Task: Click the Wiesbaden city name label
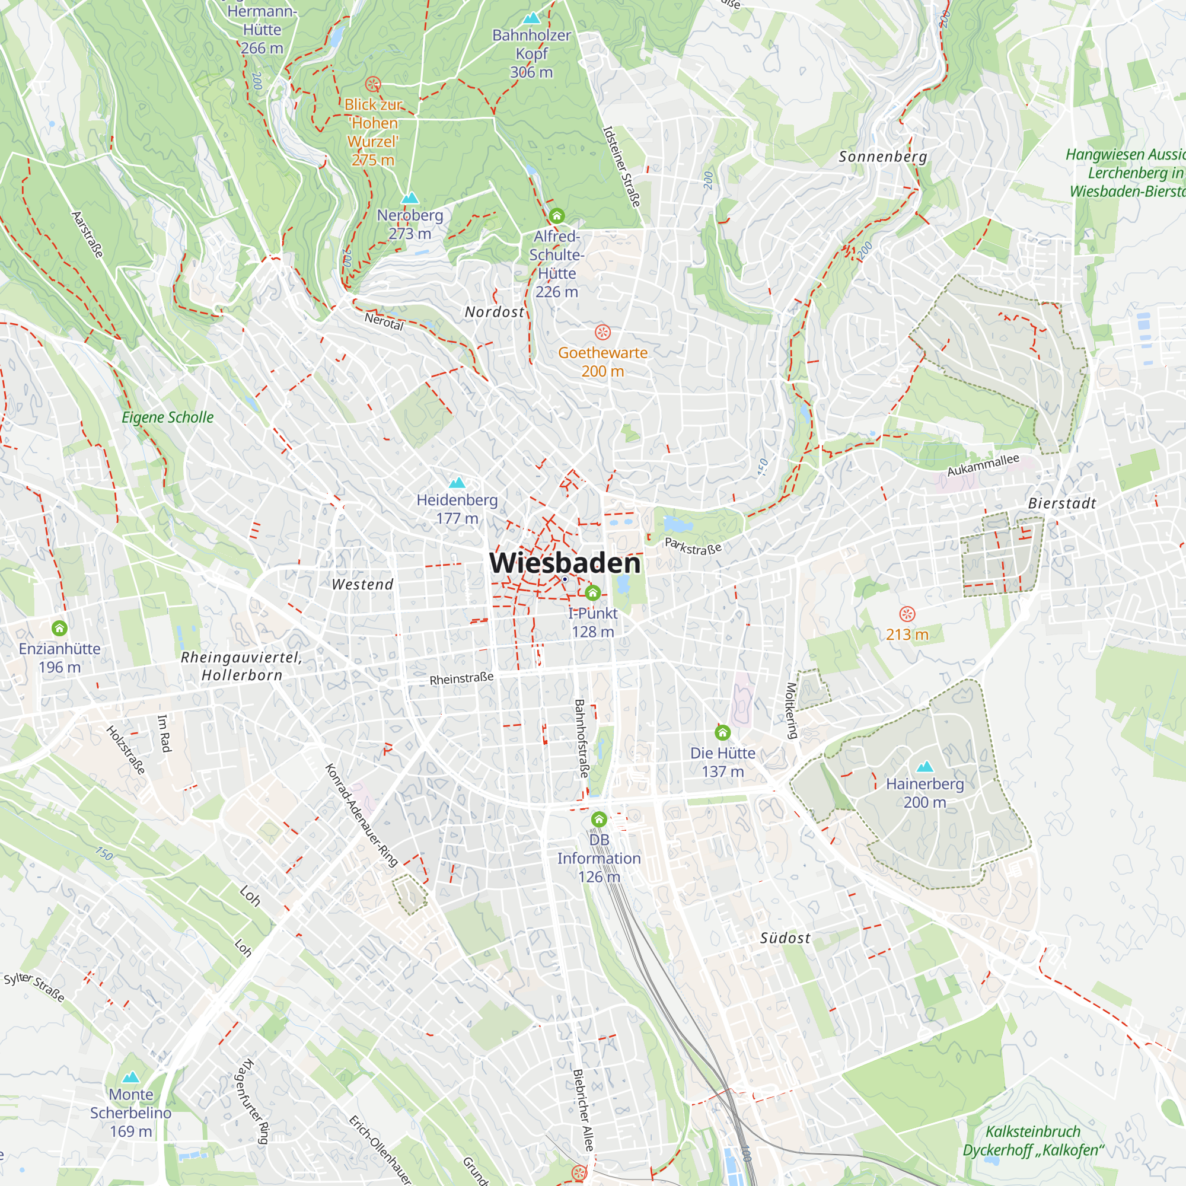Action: tap(565, 563)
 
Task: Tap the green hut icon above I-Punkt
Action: tap(592, 593)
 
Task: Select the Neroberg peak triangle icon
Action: tap(409, 198)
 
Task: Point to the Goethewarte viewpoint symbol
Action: tap(603, 333)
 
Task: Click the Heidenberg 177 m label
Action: tap(457, 509)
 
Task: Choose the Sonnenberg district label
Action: tap(883, 157)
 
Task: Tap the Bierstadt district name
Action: tap(1062, 504)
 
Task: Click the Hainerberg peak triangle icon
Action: tap(924, 767)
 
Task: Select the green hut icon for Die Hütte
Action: tap(722, 732)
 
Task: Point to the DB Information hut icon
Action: tap(599, 820)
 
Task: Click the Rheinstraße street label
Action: tap(461, 679)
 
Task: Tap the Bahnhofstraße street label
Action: tap(580, 738)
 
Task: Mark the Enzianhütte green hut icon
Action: tap(59, 629)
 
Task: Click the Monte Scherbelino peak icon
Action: tap(130, 1077)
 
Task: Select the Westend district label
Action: tap(362, 585)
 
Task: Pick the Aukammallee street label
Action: tap(983, 465)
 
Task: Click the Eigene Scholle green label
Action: tap(168, 417)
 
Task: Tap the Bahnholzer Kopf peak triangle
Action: tap(531, 18)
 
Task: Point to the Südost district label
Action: tap(785, 939)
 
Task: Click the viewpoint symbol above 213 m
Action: tap(907, 614)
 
